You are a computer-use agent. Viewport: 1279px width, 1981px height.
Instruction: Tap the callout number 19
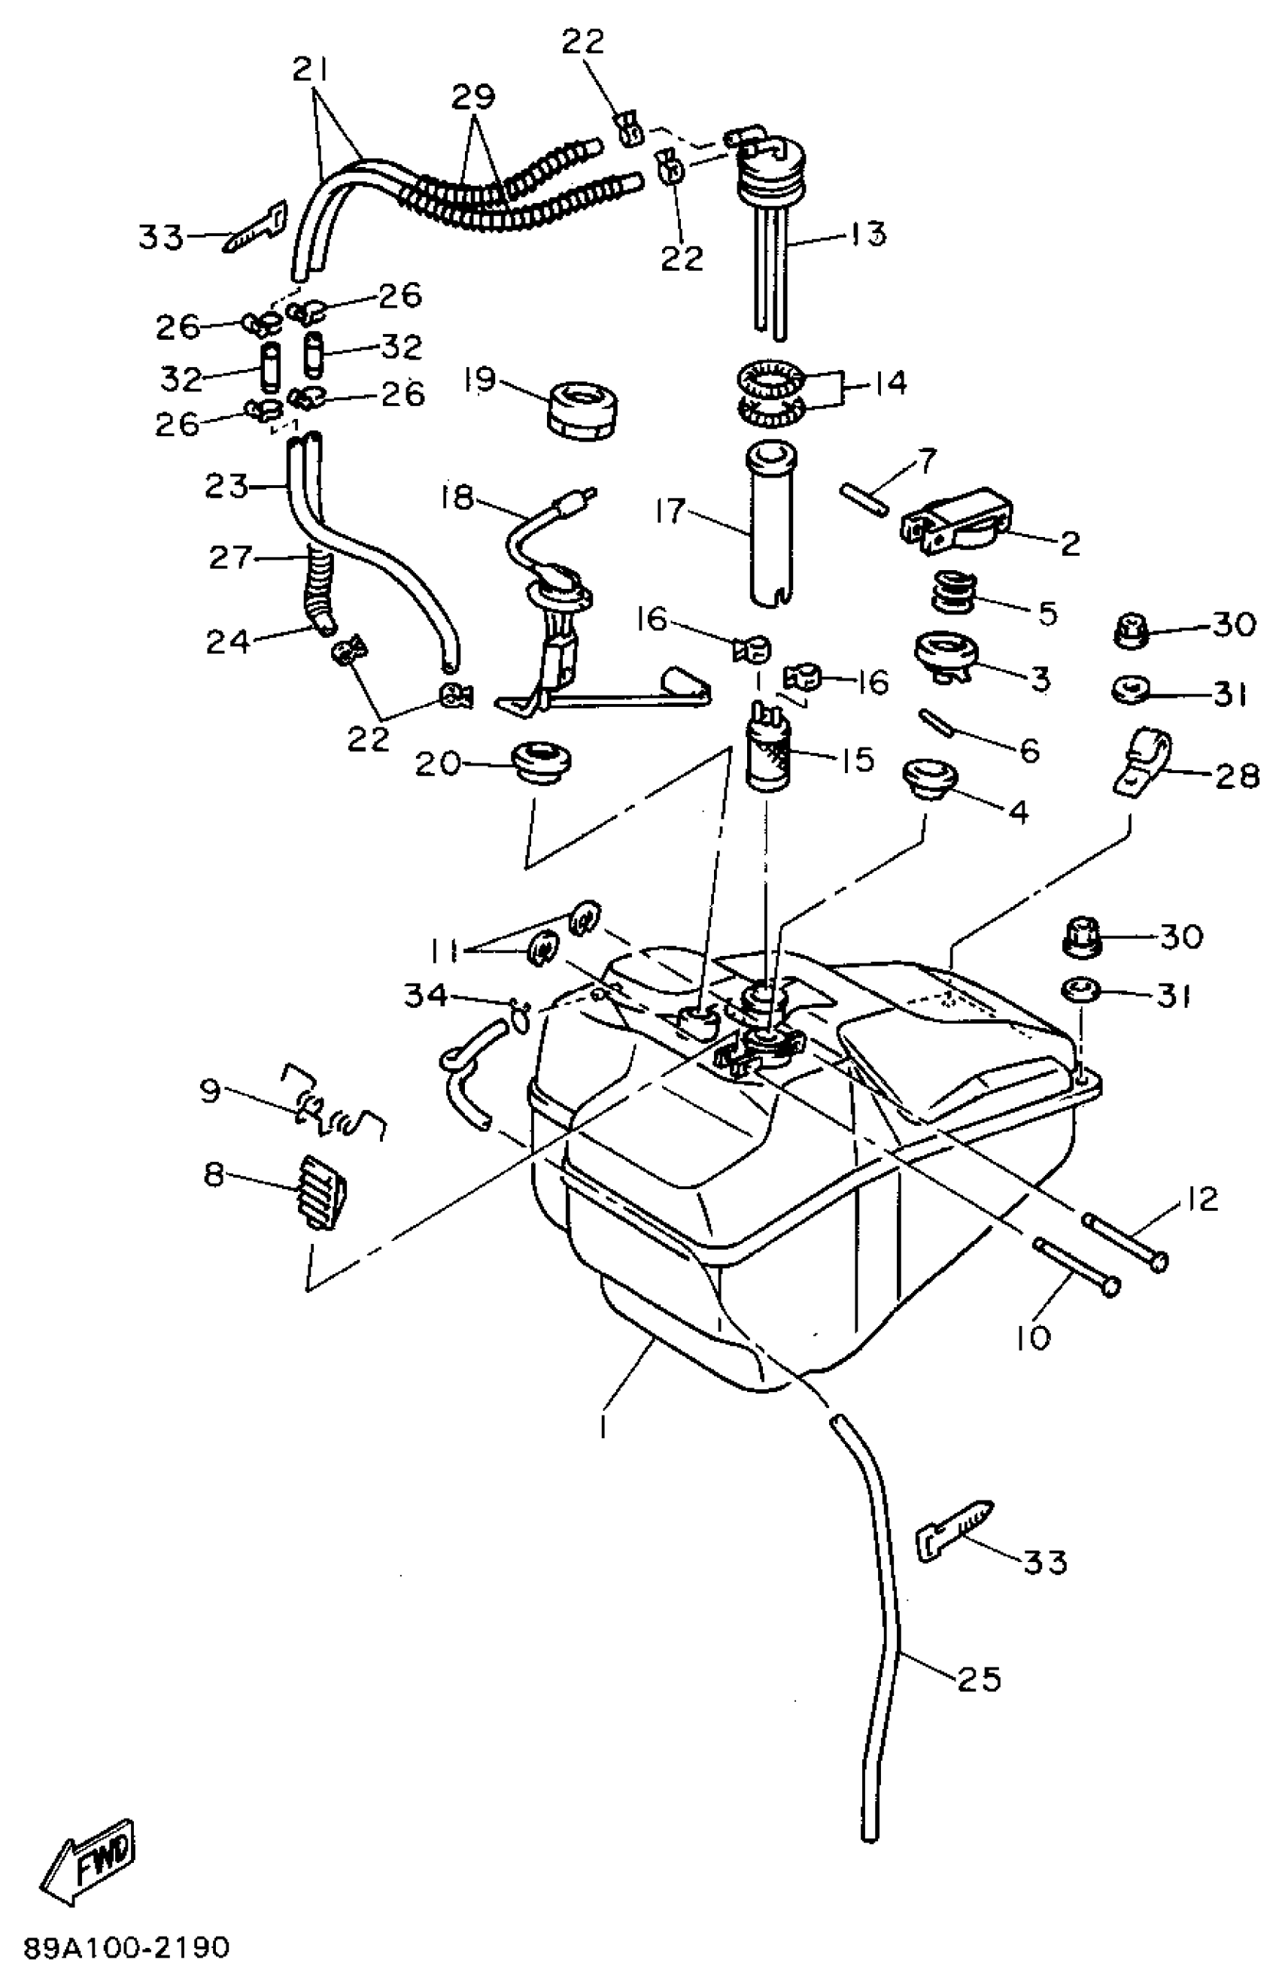[480, 381]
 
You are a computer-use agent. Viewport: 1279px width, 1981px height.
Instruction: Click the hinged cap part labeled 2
[955, 522]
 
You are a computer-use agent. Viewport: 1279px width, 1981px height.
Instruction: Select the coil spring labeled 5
[952, 590]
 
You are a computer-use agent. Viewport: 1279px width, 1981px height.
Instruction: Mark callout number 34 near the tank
[425, 996]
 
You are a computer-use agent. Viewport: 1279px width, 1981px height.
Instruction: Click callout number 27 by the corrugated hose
[229, 558]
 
